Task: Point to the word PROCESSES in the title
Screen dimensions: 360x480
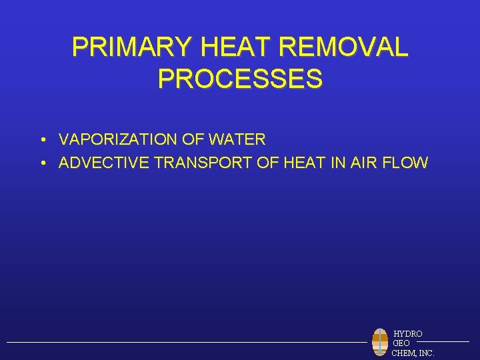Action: tap(240, 78)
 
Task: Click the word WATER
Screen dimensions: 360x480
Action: tap(237, 140)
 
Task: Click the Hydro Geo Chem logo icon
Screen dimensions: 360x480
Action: tap(380, 341)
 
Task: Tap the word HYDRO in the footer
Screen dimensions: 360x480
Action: tap(407, 333)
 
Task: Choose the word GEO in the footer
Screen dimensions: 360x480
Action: tap(401, 343)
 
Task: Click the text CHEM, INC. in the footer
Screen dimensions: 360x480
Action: tap(413, 352)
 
